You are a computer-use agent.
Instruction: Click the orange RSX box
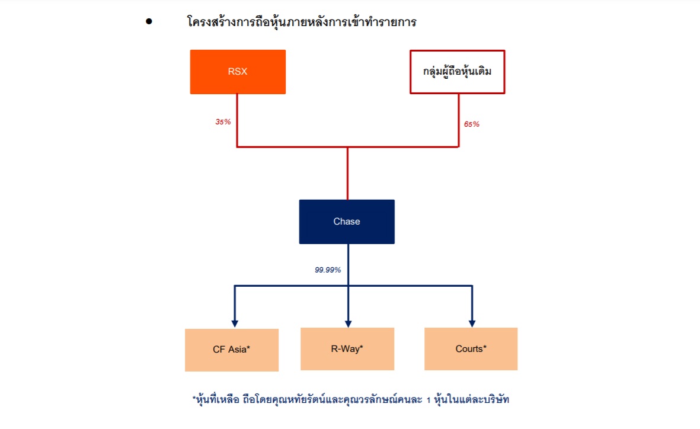point(238,72)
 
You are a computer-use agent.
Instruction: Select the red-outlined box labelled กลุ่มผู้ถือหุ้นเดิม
point(458,72)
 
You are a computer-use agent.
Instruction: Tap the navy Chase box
point(347,222)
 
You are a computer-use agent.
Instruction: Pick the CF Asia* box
point(232,350)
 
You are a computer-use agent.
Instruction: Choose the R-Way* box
point(347,348)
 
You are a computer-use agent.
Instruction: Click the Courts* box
point(471,348)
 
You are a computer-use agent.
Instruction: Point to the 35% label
point(223,122)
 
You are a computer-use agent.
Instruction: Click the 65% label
point(472,124)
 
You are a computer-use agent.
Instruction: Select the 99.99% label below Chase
point(328,270)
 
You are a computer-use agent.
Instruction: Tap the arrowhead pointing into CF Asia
point(235,323)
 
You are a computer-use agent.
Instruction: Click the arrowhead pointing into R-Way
point(348,322)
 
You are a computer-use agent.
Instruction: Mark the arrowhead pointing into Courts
point(472,322)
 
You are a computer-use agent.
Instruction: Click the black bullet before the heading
point(149,22)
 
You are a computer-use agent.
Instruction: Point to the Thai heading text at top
point(302,23)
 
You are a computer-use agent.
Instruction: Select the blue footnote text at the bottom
point(351,399)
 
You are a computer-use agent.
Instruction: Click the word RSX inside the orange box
point(238,72)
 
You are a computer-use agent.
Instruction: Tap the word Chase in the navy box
point(347,222)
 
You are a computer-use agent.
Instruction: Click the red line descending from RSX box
point(237,119)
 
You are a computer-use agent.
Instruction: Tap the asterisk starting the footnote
point(194,398)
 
